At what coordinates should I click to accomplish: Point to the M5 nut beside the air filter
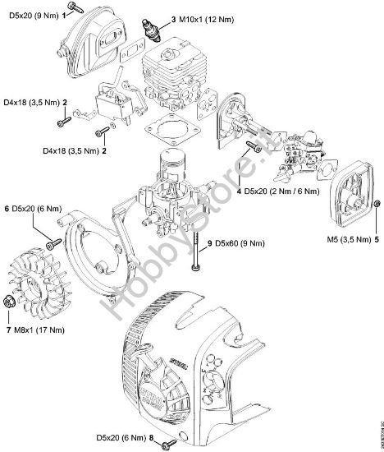coord(377,203)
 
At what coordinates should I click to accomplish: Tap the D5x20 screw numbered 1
coord(75,6)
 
